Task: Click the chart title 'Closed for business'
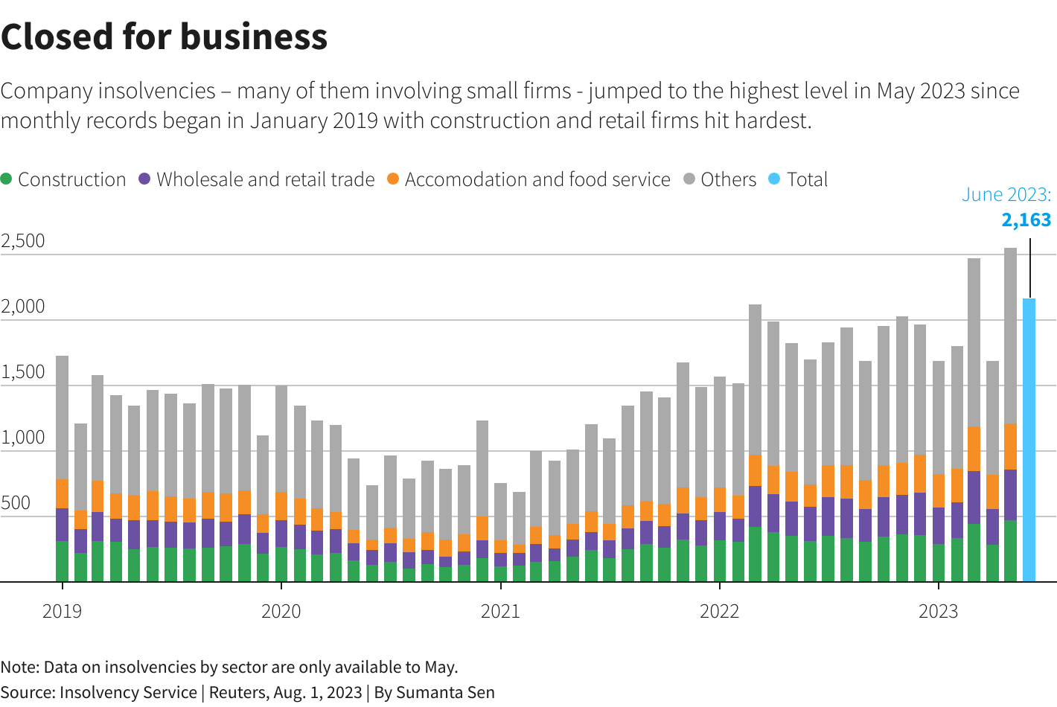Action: pos(164,36)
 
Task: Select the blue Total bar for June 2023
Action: pos(1029,439)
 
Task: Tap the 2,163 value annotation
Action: pos(1026,220)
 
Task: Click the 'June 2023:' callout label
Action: pos(1006,195)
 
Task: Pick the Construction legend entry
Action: pos(71,180)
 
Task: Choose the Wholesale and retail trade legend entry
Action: pos(265,180)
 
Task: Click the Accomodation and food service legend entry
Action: pos(537,180)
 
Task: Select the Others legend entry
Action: pos(728,180)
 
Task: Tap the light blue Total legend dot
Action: pos(774,179)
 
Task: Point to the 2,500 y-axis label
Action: pos(23,241)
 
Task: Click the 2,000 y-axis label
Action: pos(23,307)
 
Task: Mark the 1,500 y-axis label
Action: pos(23,372)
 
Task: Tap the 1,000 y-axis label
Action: pos(23,438)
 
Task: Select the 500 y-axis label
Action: pos(16,503)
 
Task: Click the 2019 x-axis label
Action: pos(62,612)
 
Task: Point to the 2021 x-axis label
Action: pos(500,612)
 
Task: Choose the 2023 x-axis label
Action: pos(938,612)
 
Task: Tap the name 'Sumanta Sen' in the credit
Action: pos(445,693)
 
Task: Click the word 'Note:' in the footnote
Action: pos(19,668)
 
